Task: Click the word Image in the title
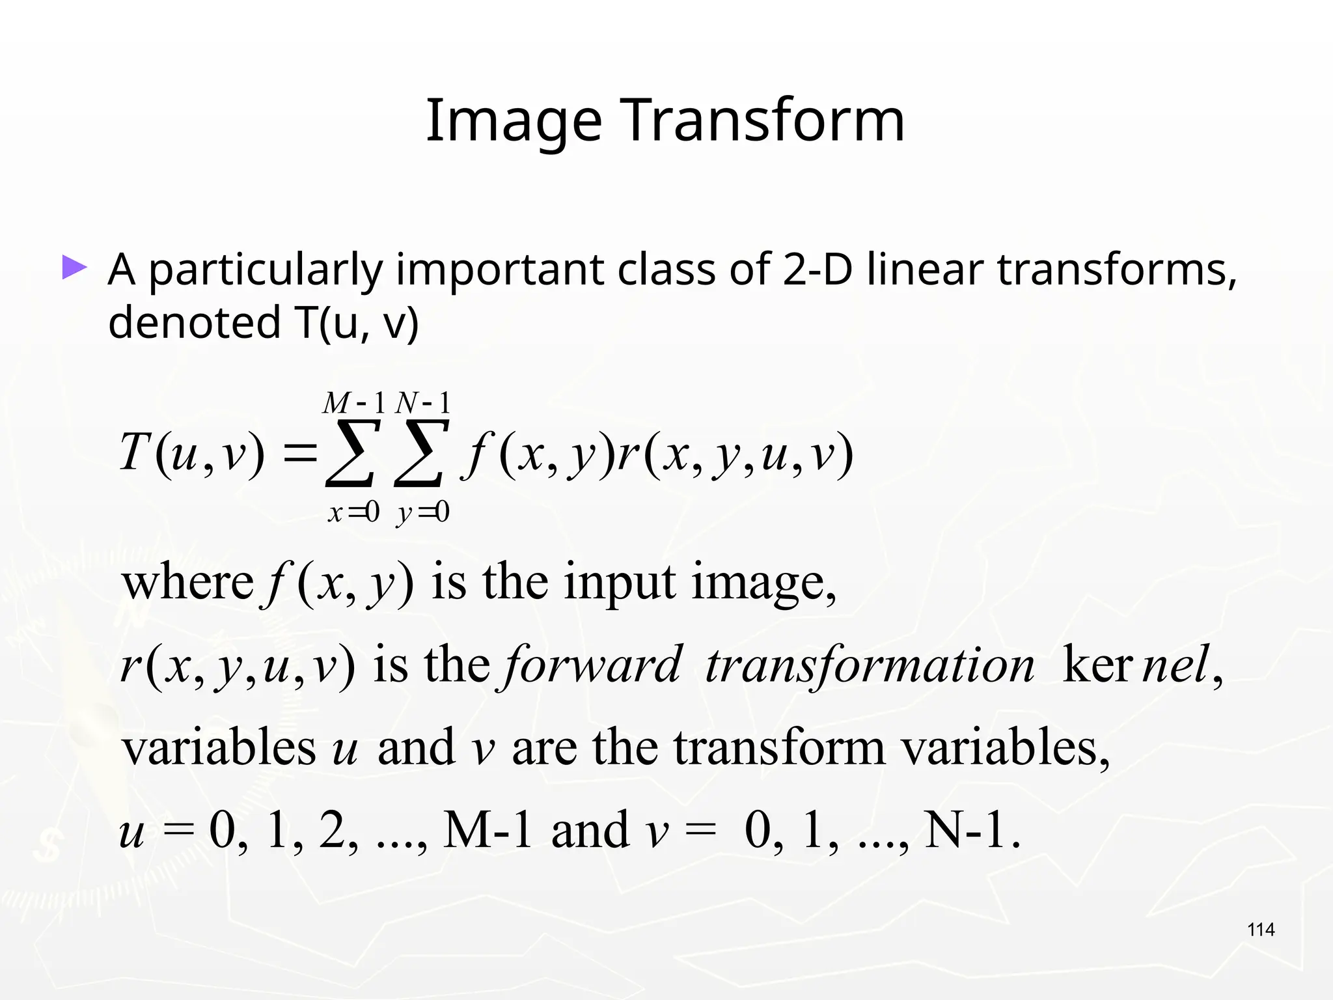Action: click(x=514, y=121)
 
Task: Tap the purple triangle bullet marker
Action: click(x=74, y=268)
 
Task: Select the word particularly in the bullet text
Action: click(x=266, y=270)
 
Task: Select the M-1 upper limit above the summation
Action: click(x=354, y=403)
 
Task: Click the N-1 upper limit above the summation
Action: click(x=423, y=403)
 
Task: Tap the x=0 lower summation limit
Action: click(x=353, y=513)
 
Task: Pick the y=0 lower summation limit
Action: click(x=423, y=513)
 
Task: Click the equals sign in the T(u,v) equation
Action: click(x=299, y=452)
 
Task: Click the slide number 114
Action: click(x=1261, y=930)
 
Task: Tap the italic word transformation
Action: click(x=870, y=665)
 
